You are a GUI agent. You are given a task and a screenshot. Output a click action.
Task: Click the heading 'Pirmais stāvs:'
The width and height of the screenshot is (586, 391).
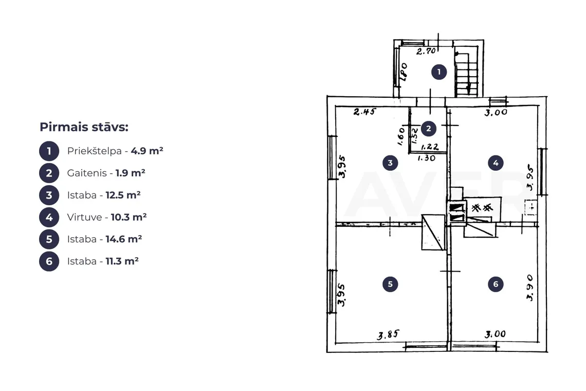tap(84, 127)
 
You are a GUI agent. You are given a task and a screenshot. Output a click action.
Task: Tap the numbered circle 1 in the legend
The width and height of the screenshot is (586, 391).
tap(49, 151)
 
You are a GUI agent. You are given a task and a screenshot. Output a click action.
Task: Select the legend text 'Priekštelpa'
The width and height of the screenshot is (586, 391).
tap(94, 151)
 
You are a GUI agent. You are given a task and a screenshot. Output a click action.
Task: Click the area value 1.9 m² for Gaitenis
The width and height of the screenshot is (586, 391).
tap(130, 173)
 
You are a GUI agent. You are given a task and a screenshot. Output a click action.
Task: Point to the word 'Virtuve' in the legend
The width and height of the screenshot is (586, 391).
tap(84, 217)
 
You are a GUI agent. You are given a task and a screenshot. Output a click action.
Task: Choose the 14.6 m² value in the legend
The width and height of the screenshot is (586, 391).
tap(124, 239)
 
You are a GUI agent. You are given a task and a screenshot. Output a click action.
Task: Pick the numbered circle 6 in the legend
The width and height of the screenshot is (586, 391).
tap(49, 261)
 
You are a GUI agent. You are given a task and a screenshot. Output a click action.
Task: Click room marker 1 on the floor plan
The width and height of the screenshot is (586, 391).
tap(439, 72)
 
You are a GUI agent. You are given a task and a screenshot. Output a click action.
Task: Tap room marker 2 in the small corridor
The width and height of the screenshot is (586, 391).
tap(428, 129)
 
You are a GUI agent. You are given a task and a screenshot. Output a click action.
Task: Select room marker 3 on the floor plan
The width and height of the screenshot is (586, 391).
tap(390, 163)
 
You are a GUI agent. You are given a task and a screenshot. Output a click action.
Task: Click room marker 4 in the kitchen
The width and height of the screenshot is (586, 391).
tap(496, 163)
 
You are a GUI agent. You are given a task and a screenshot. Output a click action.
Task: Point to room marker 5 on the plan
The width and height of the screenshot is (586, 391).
tap(390, 284)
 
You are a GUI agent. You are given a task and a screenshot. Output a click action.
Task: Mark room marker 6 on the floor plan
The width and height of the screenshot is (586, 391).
tap(496, 284)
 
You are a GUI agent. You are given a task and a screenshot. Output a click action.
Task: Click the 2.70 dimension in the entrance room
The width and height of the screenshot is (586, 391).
tap(426, 51)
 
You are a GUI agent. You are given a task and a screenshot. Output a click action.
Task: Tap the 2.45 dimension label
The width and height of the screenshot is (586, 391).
tap(364, 112)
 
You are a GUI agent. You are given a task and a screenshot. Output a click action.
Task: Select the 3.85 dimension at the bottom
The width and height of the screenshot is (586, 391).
tap(388, 334)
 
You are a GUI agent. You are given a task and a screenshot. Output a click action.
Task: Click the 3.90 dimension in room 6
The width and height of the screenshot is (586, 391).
tap(530, 288)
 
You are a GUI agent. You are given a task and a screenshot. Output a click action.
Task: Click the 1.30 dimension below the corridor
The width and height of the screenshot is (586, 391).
tap(427, 158)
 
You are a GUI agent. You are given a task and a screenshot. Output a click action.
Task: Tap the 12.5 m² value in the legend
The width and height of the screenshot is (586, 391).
tap(123, 195)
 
